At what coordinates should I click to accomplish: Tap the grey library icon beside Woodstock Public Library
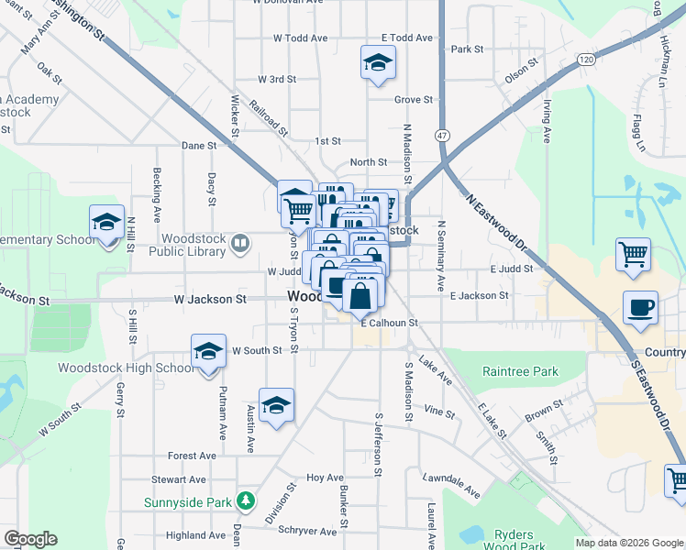pos(240,243)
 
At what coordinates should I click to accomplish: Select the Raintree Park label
pos(520,372)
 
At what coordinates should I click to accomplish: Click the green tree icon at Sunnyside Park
pos(245,500)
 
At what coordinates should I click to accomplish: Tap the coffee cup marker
pos(640,308)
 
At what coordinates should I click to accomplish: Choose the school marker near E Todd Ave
pos(377,62)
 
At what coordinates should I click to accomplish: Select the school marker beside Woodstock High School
pos(208,351)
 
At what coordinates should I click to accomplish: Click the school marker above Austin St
pos(276,405)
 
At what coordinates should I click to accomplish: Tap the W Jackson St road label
pos(210,299)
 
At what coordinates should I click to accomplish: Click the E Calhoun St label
pos(389,323)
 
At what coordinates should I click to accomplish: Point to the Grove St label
pos(414,99)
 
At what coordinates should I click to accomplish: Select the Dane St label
pos(199,145)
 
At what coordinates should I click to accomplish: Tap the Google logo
pos(30,539)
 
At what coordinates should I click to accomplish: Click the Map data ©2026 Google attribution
pos(628,543)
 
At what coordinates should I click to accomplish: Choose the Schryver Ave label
pos(308,531)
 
